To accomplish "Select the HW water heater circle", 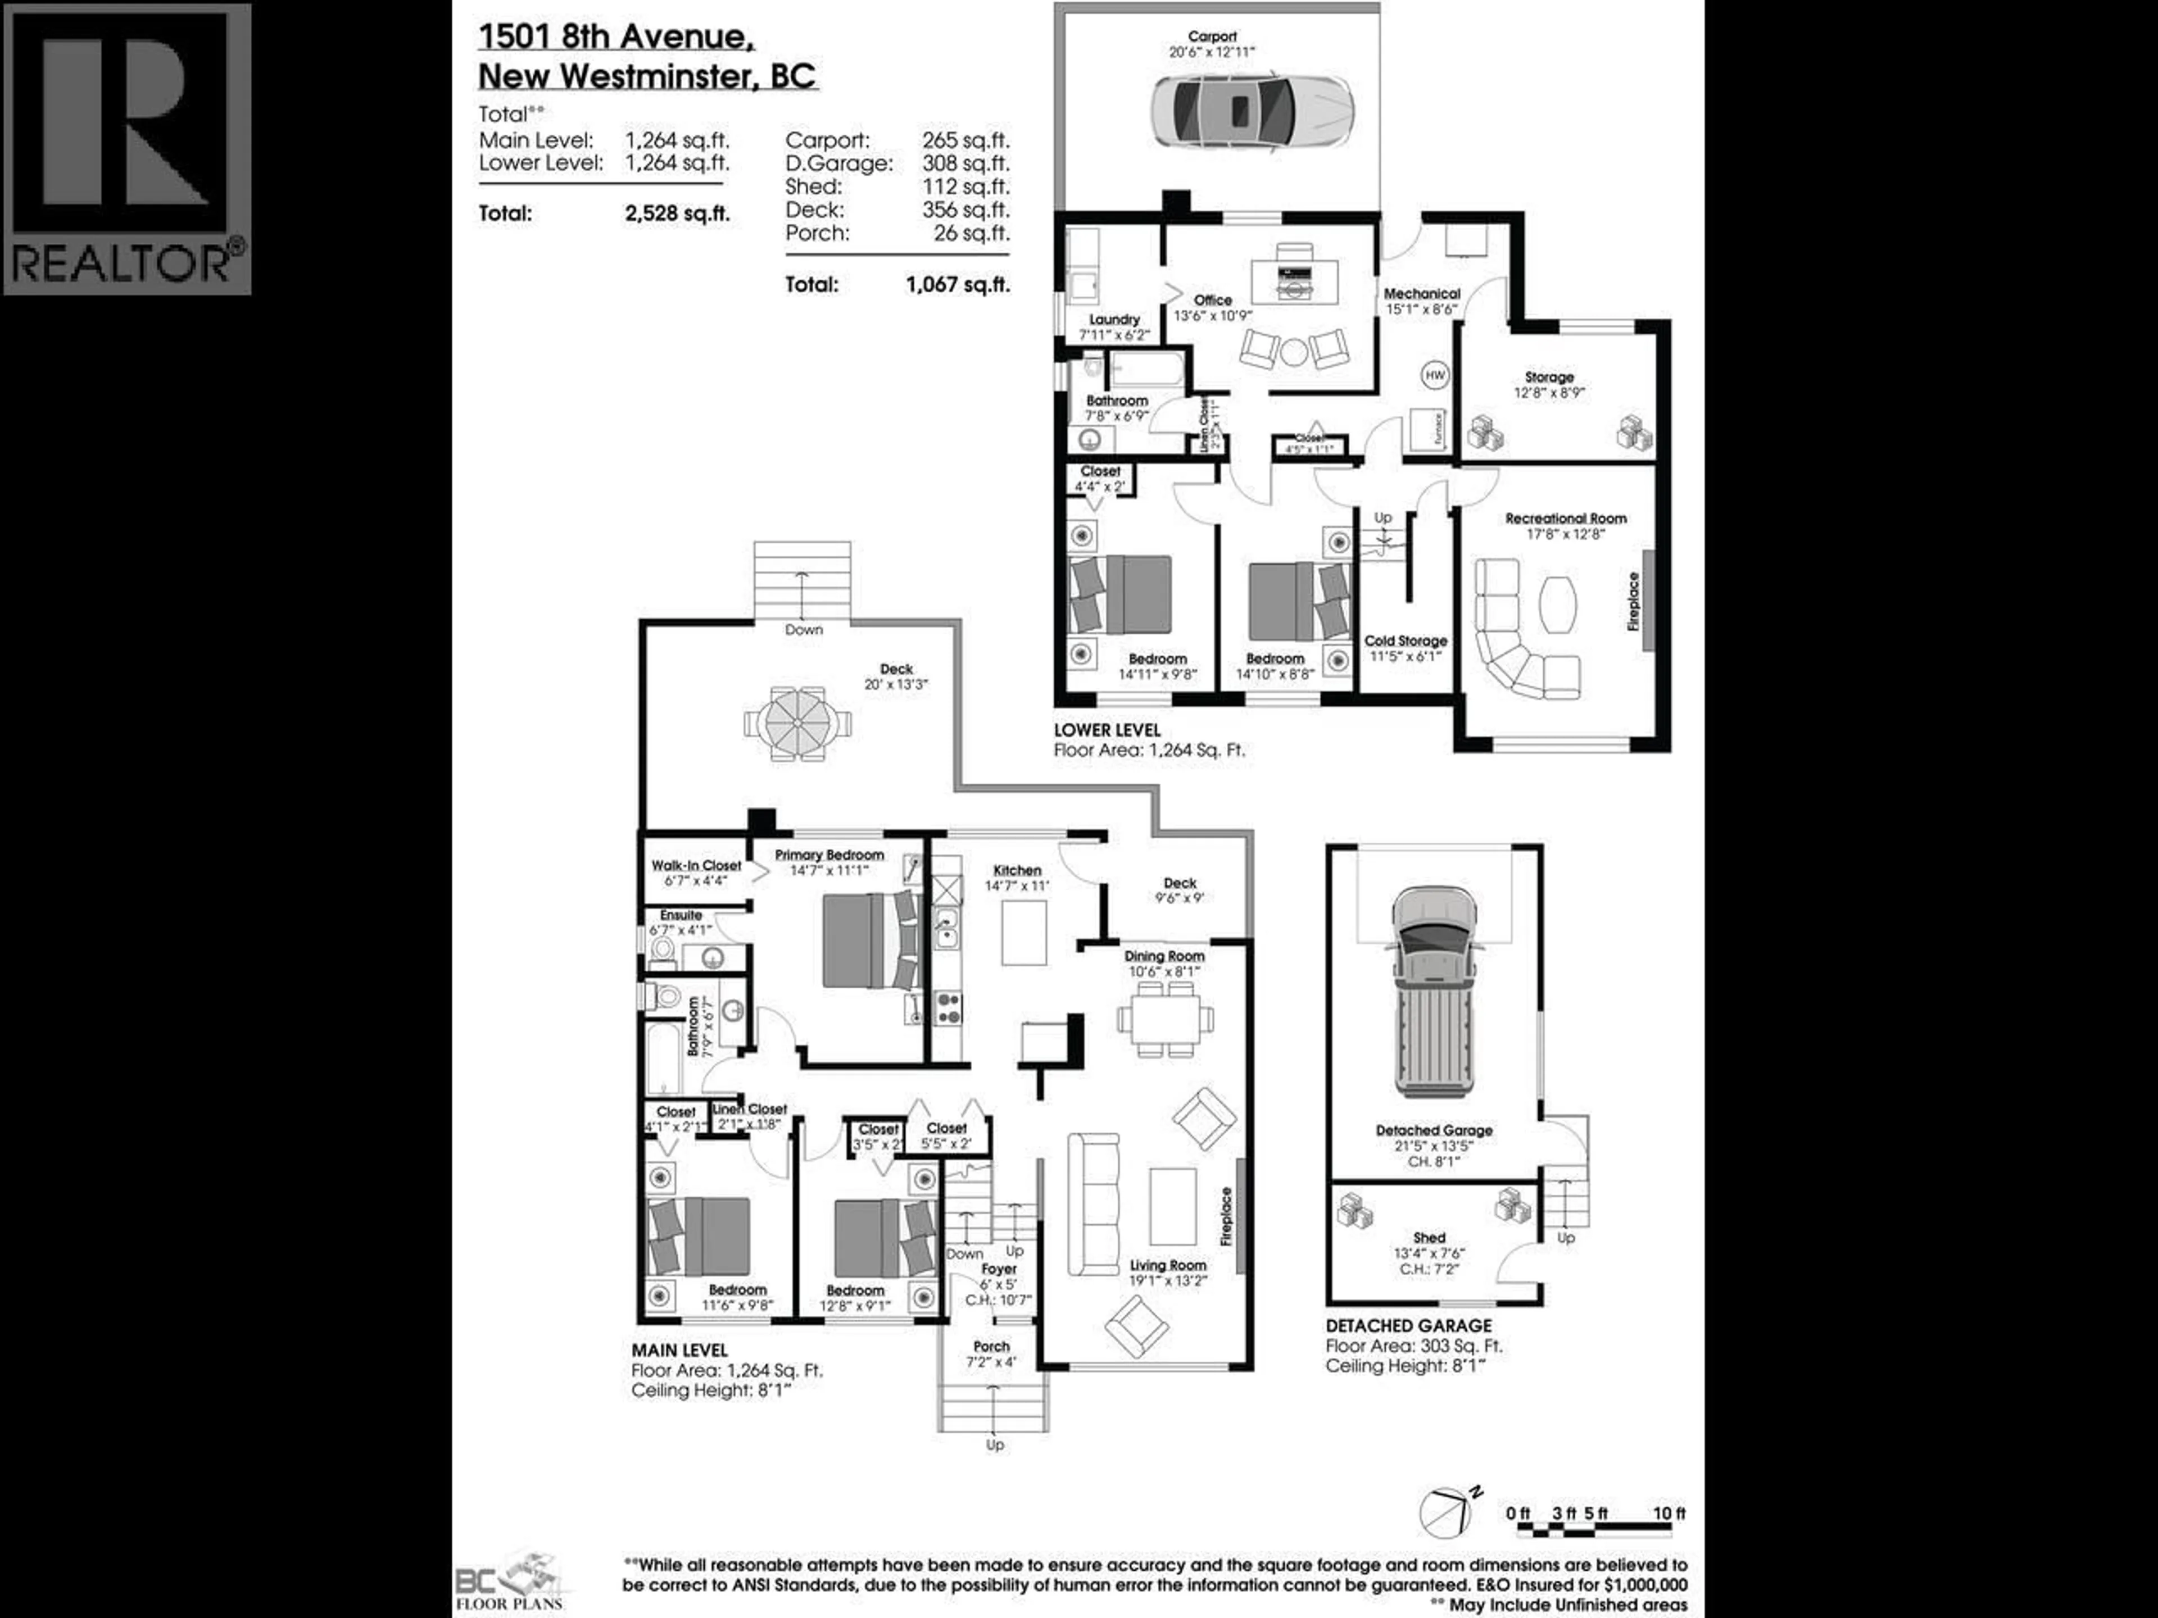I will (1435, 375).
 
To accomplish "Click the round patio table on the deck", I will (797, 722).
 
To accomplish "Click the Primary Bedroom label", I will (829, 855).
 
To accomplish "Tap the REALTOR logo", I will (128, 149).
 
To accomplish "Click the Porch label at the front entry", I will (991, 1347).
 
